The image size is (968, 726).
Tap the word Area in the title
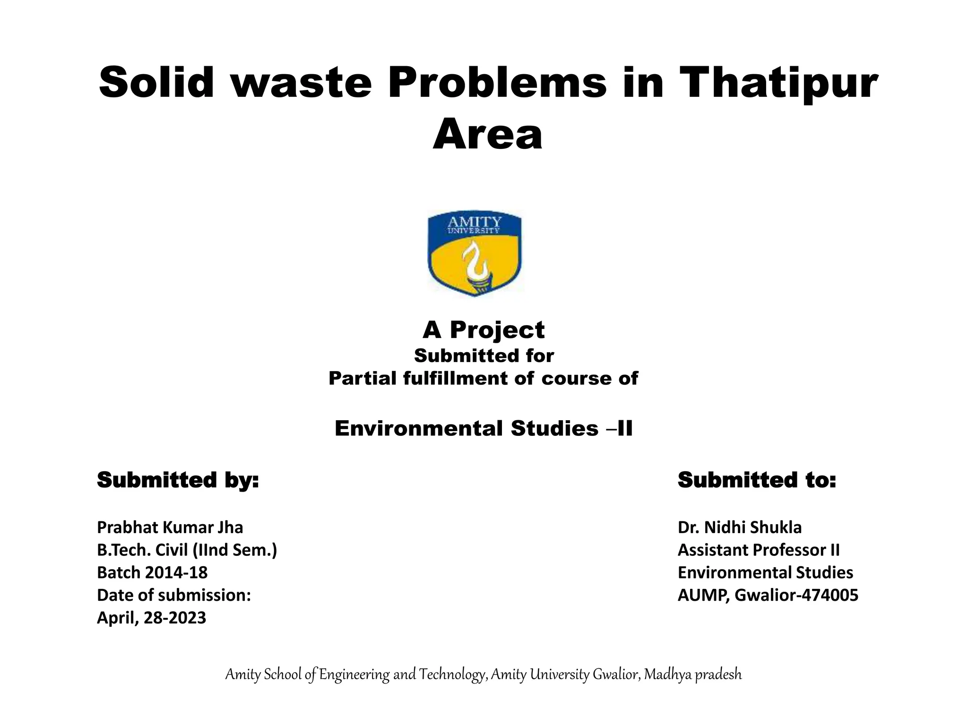(487, 135)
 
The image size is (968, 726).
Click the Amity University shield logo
(475, 254)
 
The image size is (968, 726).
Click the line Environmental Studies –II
(483, 429)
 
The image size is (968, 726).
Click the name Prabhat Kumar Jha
(170, 527)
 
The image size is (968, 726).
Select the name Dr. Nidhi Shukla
(740, 527)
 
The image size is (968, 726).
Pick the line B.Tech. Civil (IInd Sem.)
(187, 550)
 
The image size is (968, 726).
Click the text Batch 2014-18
(152, 573)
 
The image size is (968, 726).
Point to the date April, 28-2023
(151, 618)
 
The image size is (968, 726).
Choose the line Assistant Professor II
(759, 550)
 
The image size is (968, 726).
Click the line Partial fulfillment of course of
(483, 379)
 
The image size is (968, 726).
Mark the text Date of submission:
(173, 596)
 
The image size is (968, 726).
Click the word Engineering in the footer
(354, 675)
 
